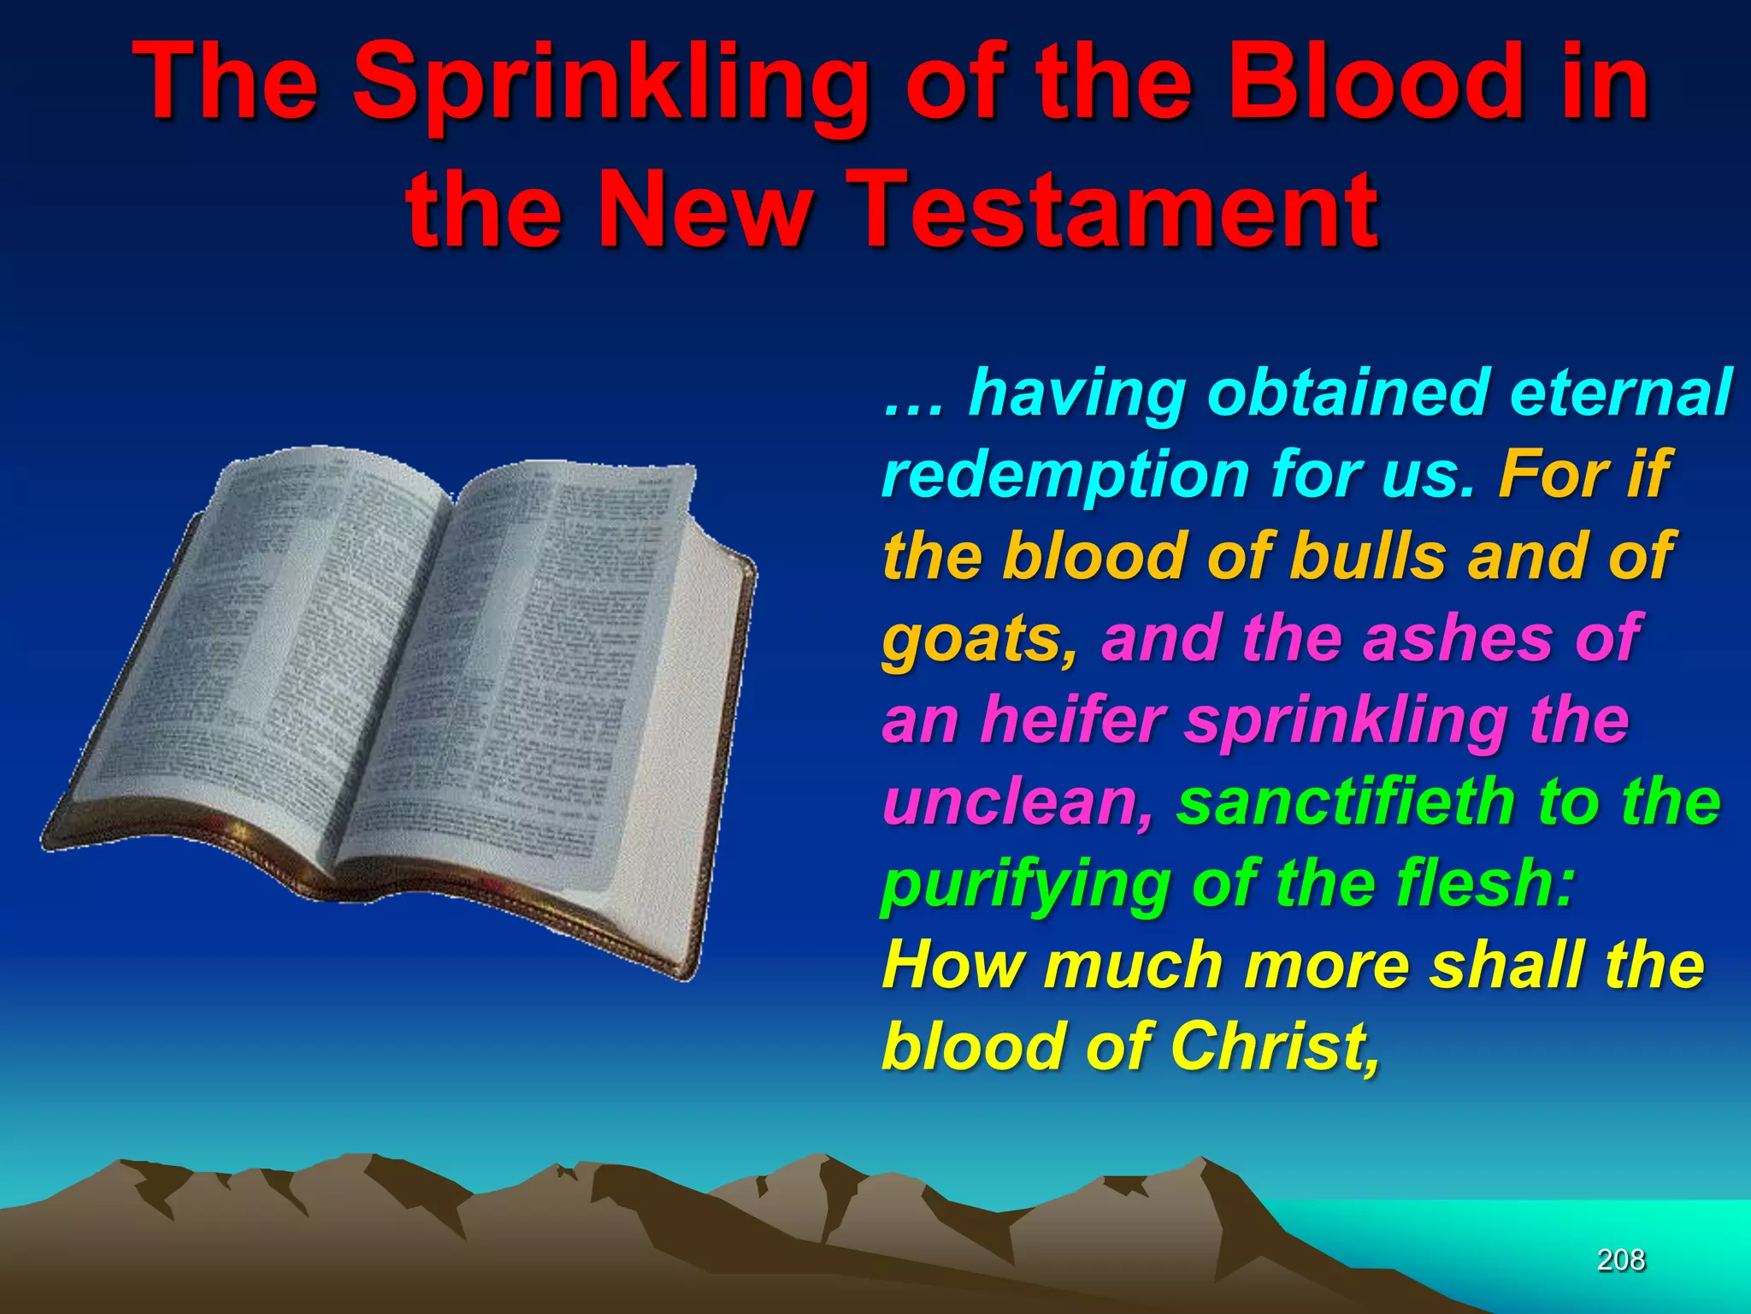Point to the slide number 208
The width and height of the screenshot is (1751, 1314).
[1621, 1259]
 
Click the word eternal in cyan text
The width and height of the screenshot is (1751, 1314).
[1620, 394]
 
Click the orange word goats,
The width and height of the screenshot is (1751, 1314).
[979, 640]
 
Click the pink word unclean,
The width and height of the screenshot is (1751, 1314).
[1017, 804]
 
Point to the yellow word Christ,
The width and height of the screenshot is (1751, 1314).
[1274, 1047]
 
